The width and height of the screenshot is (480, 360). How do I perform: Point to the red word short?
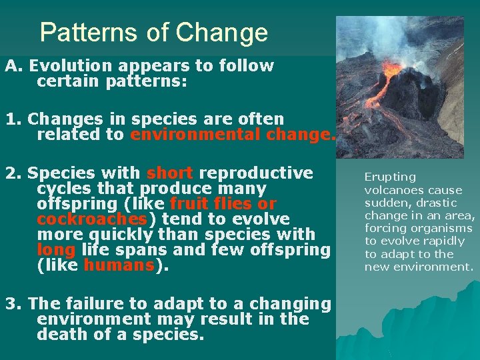(169, 173)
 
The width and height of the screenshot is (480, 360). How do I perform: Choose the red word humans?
(118, 265)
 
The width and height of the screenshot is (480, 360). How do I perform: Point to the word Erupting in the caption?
(390, 177)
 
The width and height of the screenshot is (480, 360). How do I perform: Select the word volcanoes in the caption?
(393, 190)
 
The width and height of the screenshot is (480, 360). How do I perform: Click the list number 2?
(11, 173)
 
